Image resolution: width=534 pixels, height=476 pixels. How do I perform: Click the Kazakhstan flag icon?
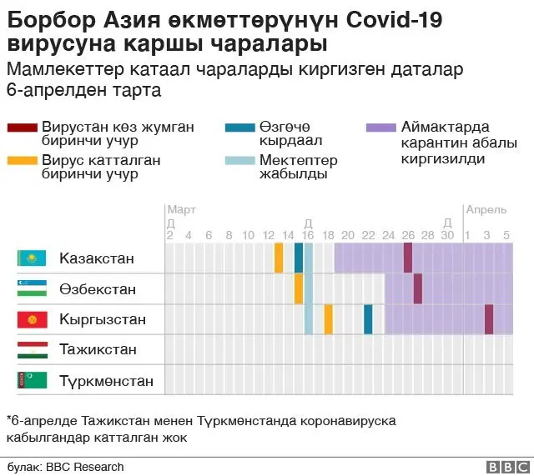[x=31, y=258]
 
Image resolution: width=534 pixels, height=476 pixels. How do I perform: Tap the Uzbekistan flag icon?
[x=31, y=289]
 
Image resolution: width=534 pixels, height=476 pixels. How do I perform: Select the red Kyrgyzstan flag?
[x=31, y=319]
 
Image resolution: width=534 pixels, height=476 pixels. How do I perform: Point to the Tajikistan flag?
[x=31, y=349]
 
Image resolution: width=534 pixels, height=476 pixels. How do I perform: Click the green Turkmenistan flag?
[x=31, y=381]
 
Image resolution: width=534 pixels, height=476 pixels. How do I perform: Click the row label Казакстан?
[x=97, y=258]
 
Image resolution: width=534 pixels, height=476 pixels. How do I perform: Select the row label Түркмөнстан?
[x=106, y=381]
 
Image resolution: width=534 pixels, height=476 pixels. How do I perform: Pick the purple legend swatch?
[x=380, y=128]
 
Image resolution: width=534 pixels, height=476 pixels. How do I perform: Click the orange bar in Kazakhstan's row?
[x=279, y=258]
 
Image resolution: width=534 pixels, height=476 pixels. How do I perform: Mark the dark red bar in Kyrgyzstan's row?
[x=489, y=319]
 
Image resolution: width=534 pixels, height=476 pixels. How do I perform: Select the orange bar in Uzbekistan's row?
[x=299, y=288]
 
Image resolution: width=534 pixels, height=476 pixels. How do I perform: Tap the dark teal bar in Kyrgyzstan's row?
[x=368, y=319]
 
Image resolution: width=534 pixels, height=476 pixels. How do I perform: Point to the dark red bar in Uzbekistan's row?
[x=418, y=288]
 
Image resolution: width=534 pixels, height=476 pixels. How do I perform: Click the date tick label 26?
[x=408, y=235]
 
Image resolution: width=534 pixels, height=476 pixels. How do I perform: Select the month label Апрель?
[x=486, y=210]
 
